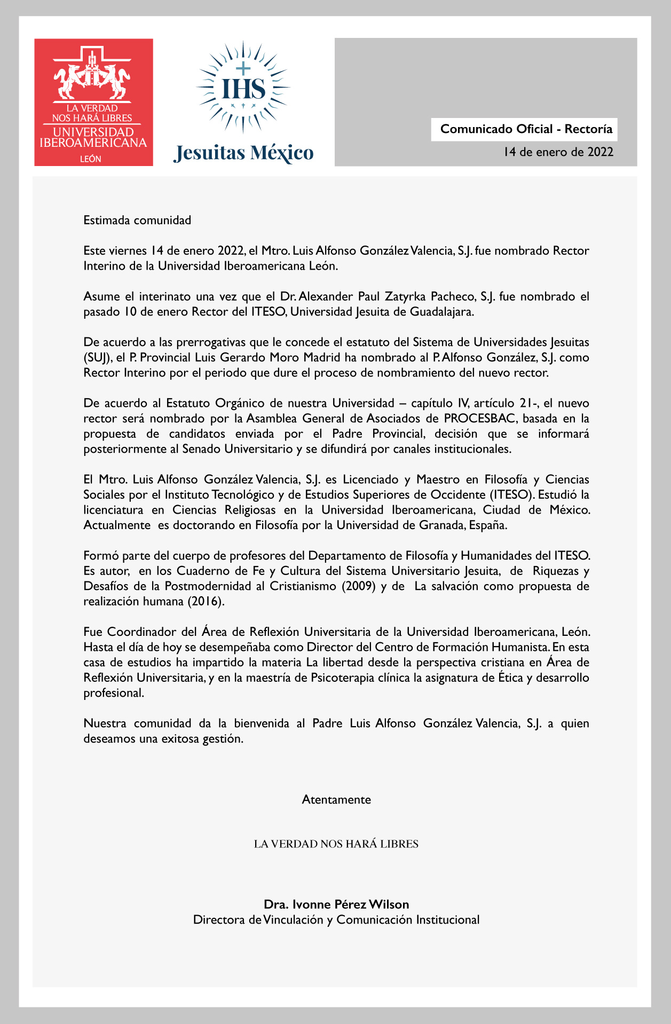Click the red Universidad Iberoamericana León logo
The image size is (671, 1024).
tap(93, 102)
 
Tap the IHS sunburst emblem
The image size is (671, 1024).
tap(243, 87)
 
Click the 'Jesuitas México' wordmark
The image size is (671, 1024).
tap(244, 153)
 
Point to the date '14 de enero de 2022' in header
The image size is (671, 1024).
tap(558, 152)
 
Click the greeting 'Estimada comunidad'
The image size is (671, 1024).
tap(137, 220)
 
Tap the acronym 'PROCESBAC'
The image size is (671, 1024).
tap(479, 419)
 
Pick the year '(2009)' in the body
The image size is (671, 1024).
tap(358, 586)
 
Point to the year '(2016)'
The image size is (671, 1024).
tap(206, 602)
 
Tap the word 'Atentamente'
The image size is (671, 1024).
tap(336, 800)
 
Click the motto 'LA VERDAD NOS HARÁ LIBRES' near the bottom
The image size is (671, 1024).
tap(336, 844)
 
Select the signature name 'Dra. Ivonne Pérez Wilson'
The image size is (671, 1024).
tap(336, 904)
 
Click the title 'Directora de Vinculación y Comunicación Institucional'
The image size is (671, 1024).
tap(336, 920)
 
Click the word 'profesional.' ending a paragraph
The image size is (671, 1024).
tap(114, 694)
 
